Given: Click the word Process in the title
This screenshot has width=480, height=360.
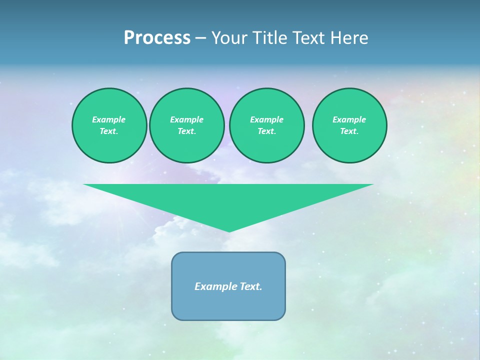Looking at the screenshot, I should (157, 38).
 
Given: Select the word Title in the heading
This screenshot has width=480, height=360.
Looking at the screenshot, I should (270, 38).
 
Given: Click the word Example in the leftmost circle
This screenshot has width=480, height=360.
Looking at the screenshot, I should (109, 119).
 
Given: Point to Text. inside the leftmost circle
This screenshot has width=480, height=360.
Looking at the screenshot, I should (109, 131).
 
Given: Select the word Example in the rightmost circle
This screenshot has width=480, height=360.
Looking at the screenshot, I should (349, 119).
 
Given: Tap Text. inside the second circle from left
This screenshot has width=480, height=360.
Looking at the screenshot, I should (186, 131).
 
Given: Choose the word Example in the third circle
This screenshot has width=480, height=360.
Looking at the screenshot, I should (266, 119).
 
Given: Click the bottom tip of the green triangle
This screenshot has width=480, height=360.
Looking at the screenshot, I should (229, 230).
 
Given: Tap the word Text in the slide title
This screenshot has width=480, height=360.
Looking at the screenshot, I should (310, 38).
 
